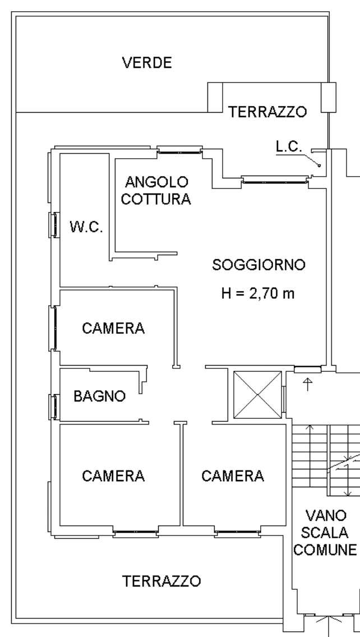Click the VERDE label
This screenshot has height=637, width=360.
pyautogui.click(x=147, y=63)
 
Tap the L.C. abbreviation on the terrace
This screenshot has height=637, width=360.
pyautogui.click(x=289, y=147)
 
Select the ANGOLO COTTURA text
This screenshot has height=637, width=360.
pyautogui.click(x=156, y=190)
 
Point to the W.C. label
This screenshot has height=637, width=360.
pyautogui.click(x=86, y=227)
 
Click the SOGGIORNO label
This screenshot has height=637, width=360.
pyautogui.click(x=259, y=265)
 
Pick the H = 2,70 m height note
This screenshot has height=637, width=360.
pyautogui.click(x=257, y=293)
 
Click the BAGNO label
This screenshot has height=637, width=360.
pyautogui.click(x=100, y=396)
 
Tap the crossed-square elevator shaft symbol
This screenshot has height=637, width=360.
pyautogui.click(x=257, y=394)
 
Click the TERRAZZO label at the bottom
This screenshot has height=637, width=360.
pyautogui.click(x=161, y=581)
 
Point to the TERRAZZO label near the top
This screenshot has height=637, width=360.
pyautogui.click(x=267, y=112)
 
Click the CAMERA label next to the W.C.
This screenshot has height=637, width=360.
pyautogui.click(x=113, y=328)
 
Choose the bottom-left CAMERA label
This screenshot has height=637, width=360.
pyautogui.click(x=113, y=476)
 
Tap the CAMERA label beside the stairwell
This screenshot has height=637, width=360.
pyautogui.click(x=232, y=476)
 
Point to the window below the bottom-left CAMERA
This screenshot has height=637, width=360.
pyautogui.click(x=136, y=533)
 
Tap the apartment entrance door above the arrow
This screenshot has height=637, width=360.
pyautogui.click(x=308, y=370)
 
